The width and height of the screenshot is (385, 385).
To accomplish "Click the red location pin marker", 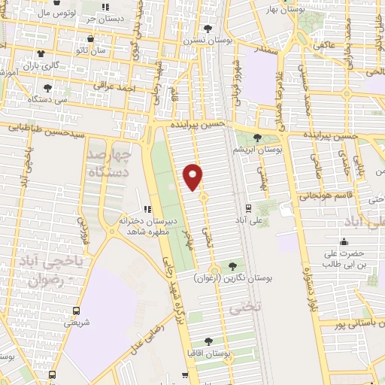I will coord(193,175).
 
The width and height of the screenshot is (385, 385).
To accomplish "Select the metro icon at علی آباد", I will coord(248,208).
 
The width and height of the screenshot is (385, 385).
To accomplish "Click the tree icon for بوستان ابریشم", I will coord(258,137).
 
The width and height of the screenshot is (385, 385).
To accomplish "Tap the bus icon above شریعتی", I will coord(76,310).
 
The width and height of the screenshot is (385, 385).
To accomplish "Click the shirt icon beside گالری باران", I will coord(39,53).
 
